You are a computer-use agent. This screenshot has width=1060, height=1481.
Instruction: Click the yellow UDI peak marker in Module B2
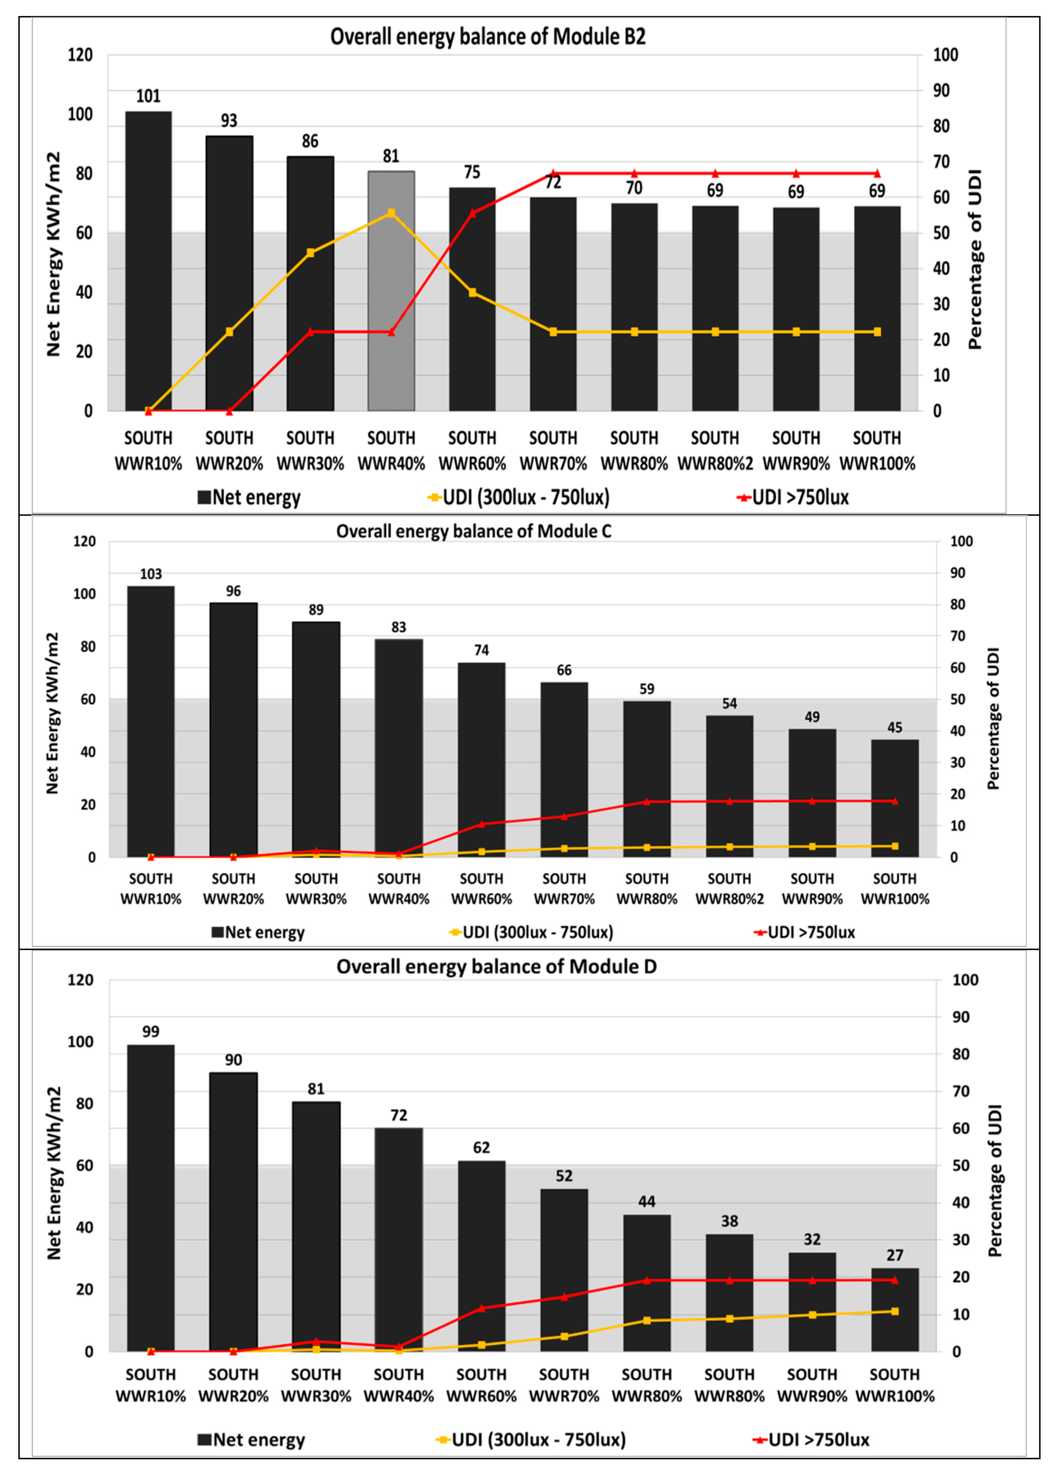391,213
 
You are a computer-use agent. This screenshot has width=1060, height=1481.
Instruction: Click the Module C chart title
474,531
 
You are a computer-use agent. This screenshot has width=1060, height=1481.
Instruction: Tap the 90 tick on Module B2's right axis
940,91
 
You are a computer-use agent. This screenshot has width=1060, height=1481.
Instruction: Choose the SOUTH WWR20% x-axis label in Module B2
229,450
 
